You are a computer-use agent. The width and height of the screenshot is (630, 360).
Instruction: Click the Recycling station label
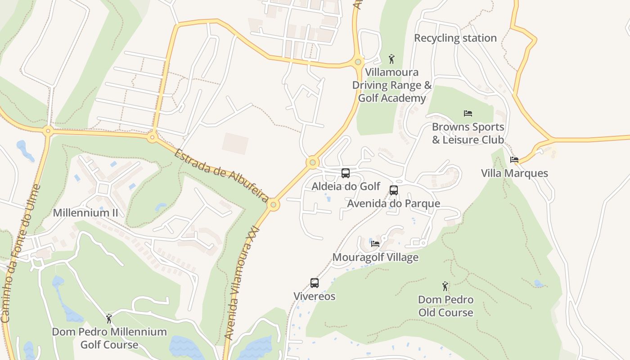pos(455,38)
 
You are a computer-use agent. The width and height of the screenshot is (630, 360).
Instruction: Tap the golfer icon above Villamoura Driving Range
pos(391,58)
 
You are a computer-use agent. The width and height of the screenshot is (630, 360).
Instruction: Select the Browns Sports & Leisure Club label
pos(468,133)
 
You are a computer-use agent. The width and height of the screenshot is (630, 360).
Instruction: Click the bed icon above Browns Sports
pos(468,113)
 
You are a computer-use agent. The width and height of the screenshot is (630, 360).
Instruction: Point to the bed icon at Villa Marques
pos(514,160)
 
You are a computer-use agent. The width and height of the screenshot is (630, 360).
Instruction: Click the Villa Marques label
pos(514,173)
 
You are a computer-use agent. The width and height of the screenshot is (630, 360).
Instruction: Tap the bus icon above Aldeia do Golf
pos(346,173)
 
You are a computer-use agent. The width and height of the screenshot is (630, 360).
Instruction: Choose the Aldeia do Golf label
pos(346,186)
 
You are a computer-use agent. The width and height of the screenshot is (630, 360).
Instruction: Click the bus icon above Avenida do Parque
pos(394,190)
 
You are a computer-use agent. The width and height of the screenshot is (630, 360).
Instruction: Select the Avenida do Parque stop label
pos(393,203)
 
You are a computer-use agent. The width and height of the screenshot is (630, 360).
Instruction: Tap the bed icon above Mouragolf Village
pos(375,244)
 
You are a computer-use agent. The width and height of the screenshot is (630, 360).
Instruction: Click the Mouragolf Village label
pos(375,257)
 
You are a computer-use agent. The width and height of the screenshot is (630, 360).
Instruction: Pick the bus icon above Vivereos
pos(315,283)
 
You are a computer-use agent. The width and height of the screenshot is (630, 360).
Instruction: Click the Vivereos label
pos(315,297)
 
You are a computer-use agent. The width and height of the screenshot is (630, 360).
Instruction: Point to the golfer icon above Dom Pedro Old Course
pos(445,286)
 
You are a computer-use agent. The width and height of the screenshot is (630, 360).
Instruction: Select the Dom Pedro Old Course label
pos(445,306)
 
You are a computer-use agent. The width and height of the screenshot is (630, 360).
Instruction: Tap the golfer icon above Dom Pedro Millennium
pos(109,319)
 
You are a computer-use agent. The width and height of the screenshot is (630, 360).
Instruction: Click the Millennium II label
pos(85,213)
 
